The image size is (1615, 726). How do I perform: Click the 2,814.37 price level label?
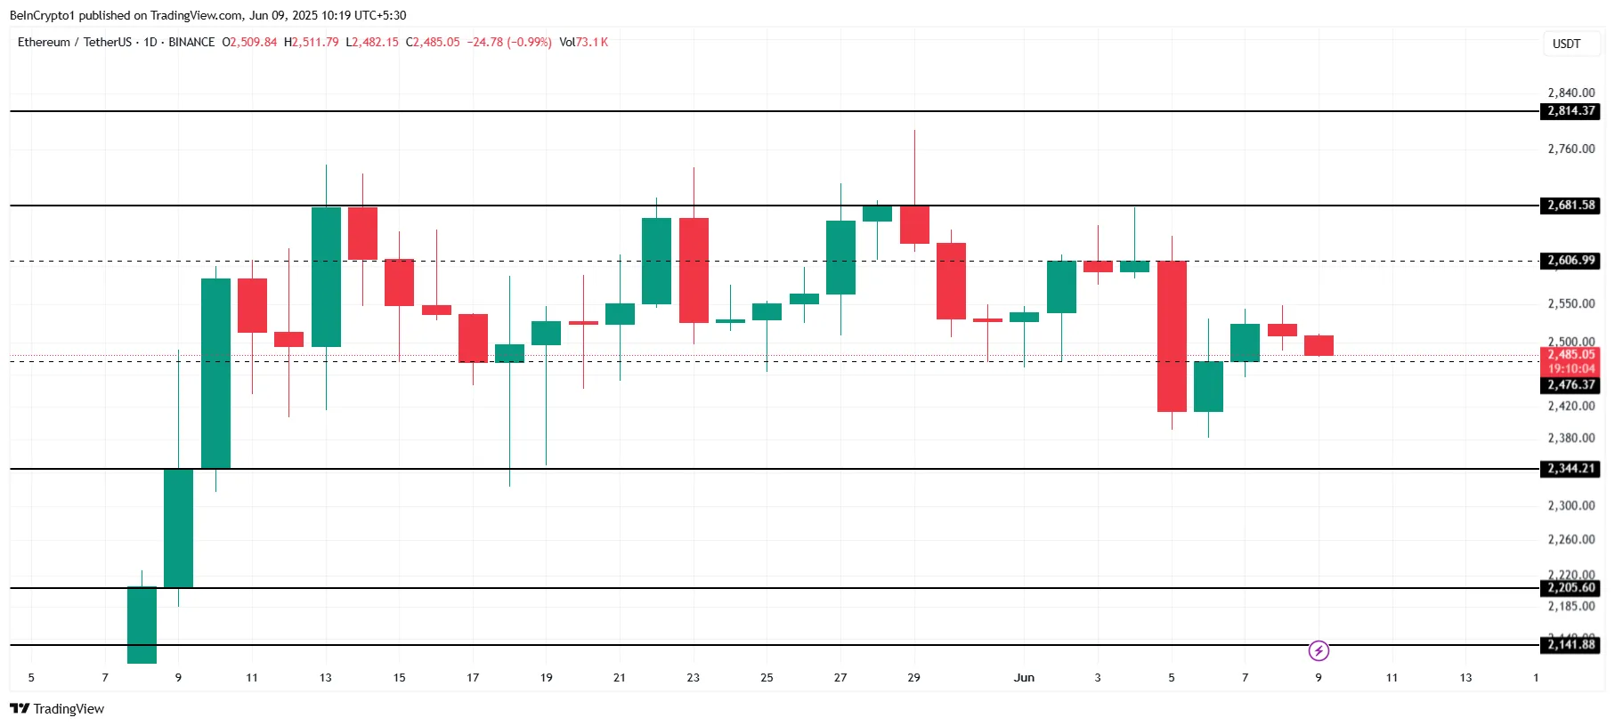tap(1570, 111)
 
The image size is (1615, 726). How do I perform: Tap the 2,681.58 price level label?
tap(1570, 206)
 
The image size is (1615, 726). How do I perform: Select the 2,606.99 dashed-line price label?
tap(1570, 261)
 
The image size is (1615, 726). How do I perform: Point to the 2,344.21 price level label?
tap(1570, 469)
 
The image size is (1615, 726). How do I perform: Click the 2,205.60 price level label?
tap(1570, 588)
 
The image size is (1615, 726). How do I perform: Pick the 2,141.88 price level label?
tap(1570, 645)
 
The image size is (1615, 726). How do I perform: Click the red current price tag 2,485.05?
tap(1570, 355)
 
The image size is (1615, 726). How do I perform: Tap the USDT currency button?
tap(1566, 44)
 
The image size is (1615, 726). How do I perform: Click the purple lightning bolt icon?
tap(1319, 651)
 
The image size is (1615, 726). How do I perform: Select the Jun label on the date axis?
tap(1024, 678)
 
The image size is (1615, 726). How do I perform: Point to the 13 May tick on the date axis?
tap(326, 678)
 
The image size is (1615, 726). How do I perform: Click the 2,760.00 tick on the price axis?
tap(1570, 149)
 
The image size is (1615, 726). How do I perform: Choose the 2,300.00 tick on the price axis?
tap(1570, 505)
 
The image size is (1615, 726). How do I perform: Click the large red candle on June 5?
tap(1172, 336)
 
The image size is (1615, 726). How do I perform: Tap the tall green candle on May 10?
tap(215, 374)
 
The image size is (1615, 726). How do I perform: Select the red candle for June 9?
tap(1319, 345)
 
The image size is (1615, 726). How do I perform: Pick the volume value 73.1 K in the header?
tap(591, 42)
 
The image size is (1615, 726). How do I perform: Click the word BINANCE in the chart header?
tap(191, 42)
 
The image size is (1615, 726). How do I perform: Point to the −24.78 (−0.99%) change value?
tap(509, 42)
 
